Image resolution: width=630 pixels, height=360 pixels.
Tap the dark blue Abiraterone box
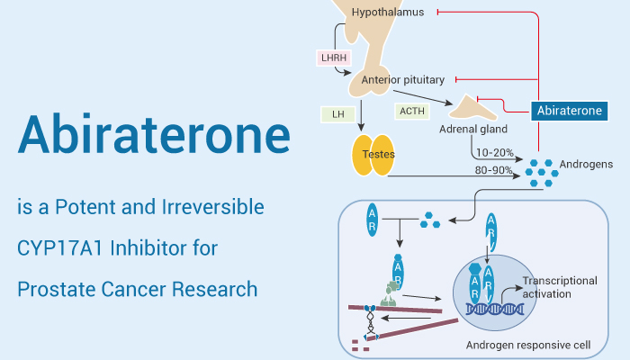(568, 111)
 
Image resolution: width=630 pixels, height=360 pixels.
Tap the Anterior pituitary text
(403, 79)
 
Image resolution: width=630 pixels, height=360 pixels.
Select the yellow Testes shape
(373, 155)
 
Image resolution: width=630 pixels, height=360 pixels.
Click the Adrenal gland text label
(472, 130)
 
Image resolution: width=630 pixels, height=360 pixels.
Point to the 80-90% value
(494, 169)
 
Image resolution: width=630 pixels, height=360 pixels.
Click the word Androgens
(587, 165)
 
